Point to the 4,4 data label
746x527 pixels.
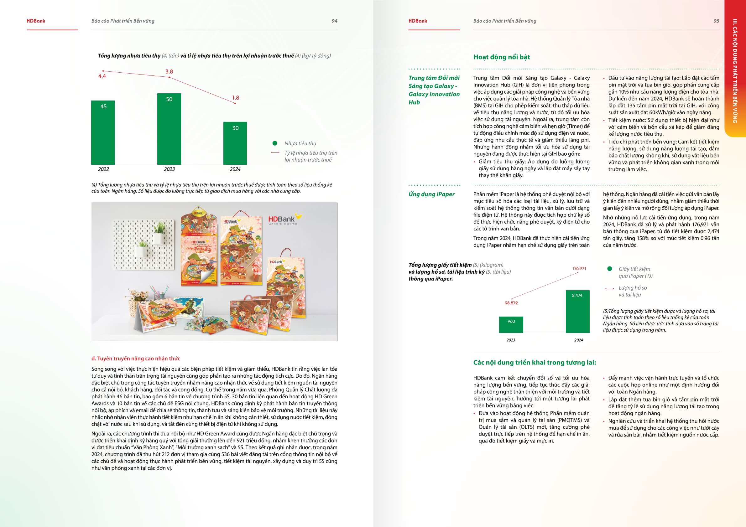(102, 76)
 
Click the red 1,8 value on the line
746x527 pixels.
(236, 98)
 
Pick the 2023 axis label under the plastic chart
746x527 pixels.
(169, 169)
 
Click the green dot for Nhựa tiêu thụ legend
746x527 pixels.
(275, 143)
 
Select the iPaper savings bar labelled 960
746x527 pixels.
(511, 325)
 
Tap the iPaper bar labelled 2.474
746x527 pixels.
(577, 311)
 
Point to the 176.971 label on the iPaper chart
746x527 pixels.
(579, 269)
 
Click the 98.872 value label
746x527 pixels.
(511, 303)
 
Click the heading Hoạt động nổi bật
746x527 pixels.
(501, 57)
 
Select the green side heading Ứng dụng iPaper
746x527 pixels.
(431, 194)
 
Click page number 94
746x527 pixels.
(334, 21)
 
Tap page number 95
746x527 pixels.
(716, 21)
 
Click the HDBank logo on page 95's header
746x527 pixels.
(418, 21)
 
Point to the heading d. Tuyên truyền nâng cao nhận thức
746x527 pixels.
(135, 359)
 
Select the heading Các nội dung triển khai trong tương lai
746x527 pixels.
(535, 363)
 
